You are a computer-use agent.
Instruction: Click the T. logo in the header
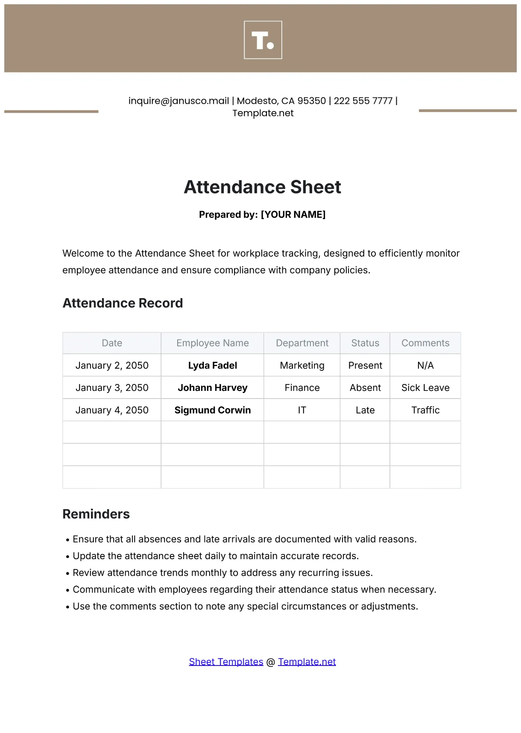coord(263,40)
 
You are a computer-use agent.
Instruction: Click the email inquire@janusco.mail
coord(179,101)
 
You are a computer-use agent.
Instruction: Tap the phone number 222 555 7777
coord(363,101)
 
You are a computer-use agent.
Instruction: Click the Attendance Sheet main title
coord(262,187)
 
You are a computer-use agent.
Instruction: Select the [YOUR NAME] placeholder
coord(293,214)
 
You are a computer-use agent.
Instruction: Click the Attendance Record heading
coord(123,303)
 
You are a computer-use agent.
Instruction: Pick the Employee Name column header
coord(212,343)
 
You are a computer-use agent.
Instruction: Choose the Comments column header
coord(425,343)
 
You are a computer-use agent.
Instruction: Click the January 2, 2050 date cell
coord(112,365)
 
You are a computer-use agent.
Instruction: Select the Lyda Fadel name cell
coord(212,365)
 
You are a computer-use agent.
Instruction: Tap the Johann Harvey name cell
coord(212,387)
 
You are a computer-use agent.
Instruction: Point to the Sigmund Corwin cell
coord(212,410)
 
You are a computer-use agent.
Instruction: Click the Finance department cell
coord(302,387)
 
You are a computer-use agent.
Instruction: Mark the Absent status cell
coord(365,387)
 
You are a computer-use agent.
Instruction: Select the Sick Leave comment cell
coord(425,387)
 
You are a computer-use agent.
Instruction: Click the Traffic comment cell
coord(425,410)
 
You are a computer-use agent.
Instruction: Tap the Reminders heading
coord(96,514)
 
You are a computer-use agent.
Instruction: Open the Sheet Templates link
coord(226,662)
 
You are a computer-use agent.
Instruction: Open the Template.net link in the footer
coord(307,662)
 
